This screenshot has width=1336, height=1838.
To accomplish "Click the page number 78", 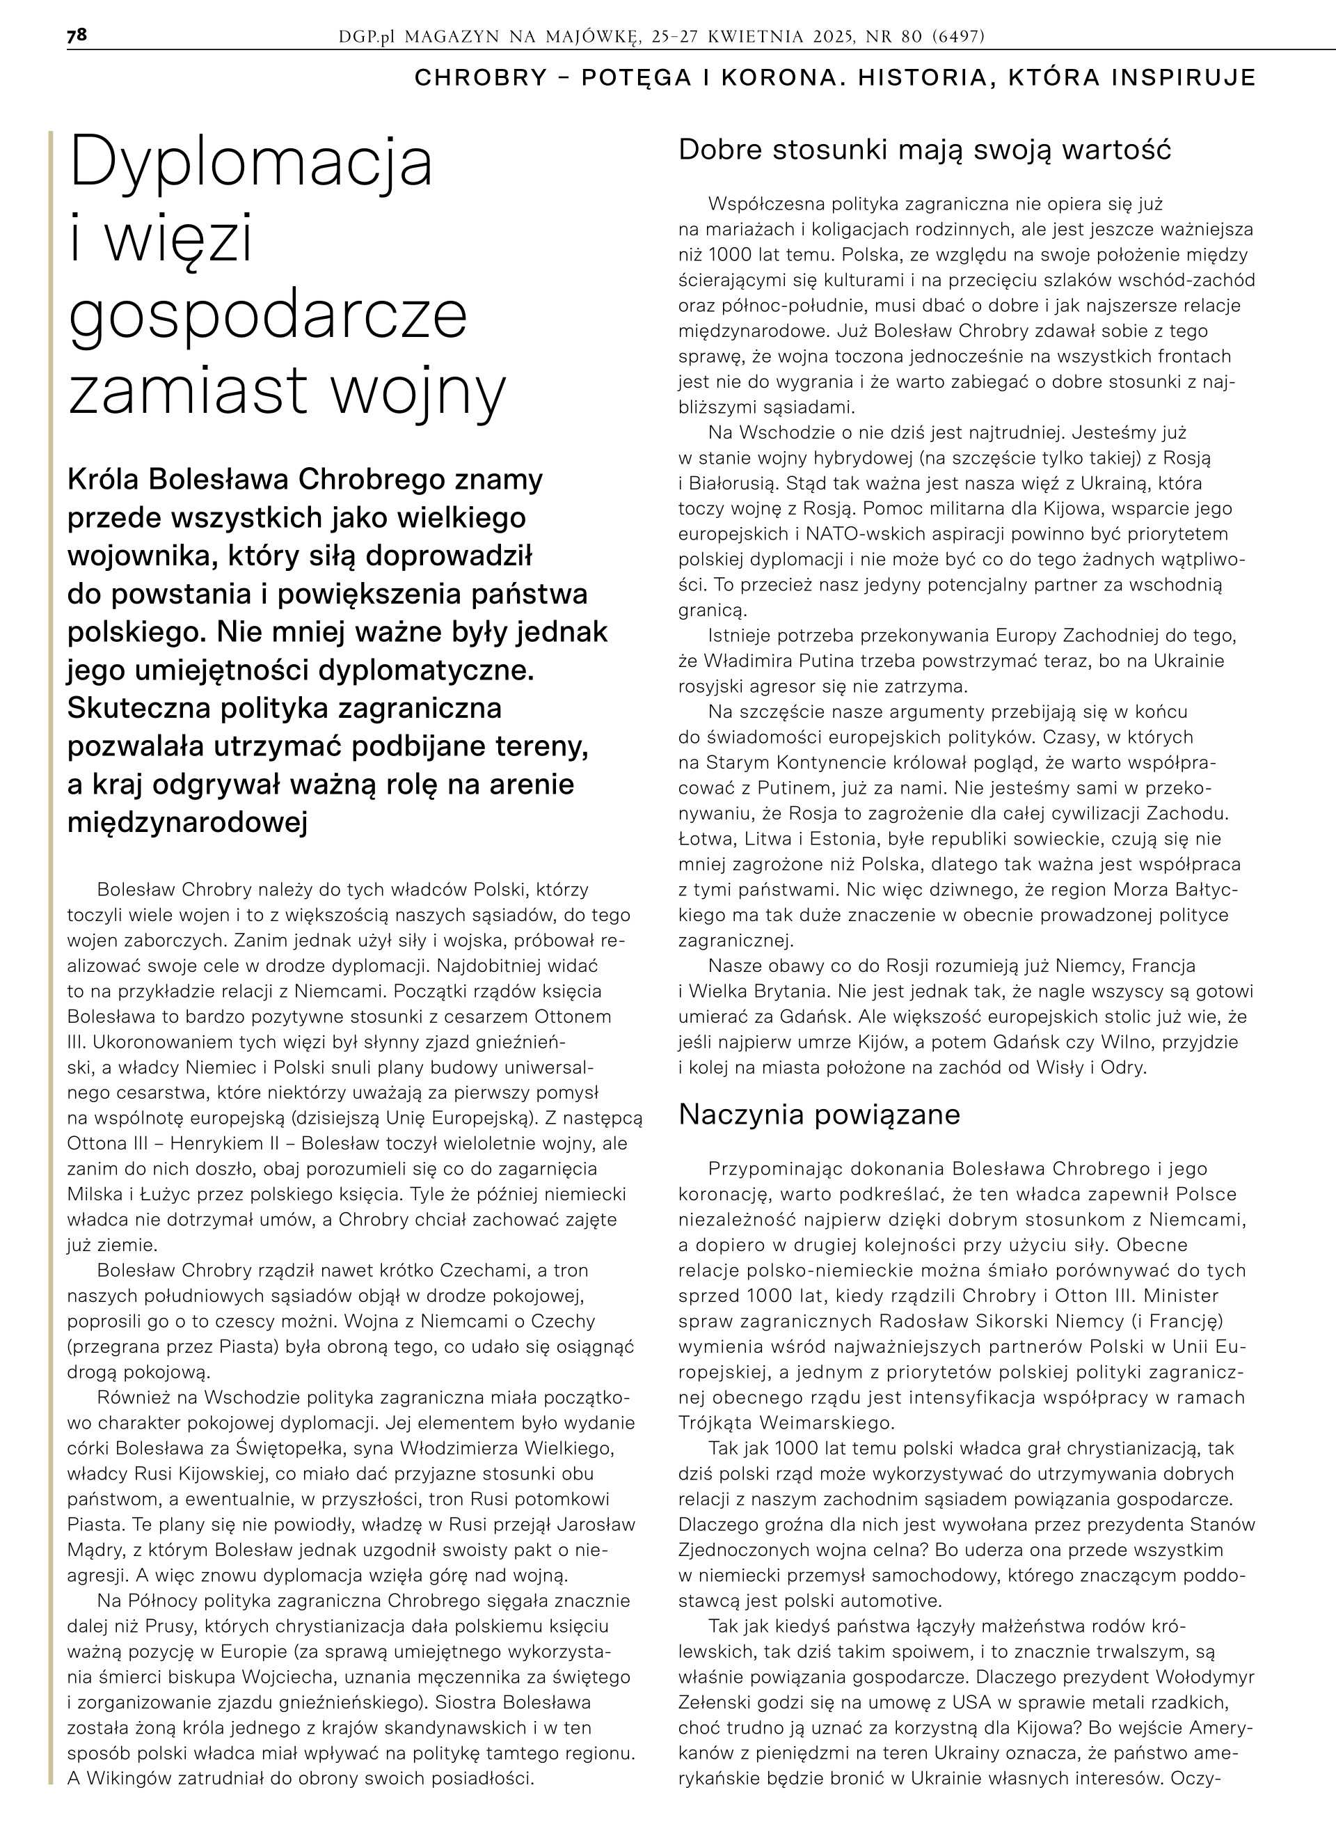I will point(77,36).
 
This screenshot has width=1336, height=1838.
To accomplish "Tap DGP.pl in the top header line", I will point(369,36).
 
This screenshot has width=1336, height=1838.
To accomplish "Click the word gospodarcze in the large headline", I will point(268,317).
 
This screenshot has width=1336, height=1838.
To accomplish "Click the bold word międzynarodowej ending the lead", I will point(187,822).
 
